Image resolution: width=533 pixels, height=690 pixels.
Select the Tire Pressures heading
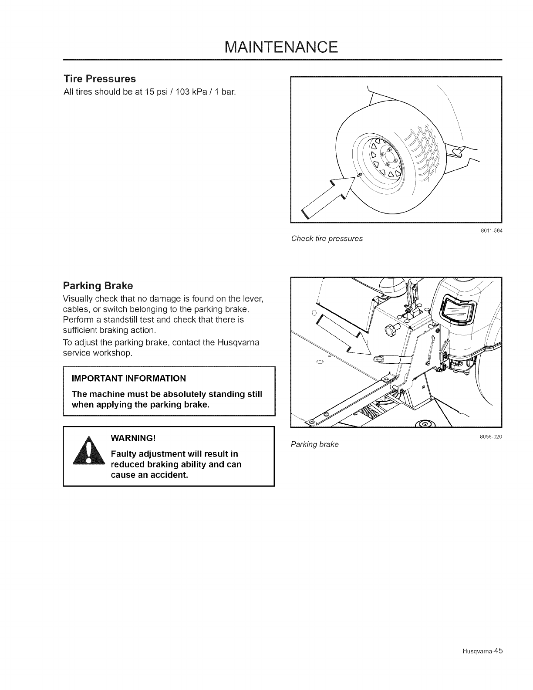coord(100,79)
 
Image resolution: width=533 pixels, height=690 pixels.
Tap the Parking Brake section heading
coord(98,286)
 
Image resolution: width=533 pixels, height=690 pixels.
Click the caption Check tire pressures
coord(327,239)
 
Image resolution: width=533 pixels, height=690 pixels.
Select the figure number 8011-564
coord(491,231)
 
